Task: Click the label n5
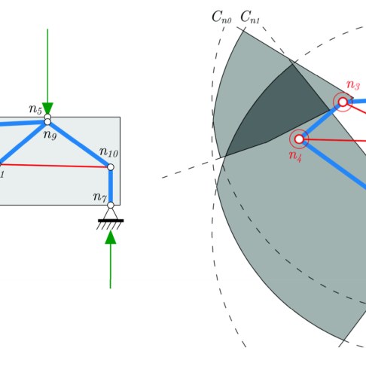(35, 109)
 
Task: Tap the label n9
(50, 135)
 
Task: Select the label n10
(108, 152)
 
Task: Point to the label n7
(100, 197)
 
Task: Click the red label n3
(353, 85)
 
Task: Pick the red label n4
(295, 156)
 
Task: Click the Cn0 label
(221, 17)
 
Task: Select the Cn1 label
(250, 17)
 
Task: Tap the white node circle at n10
(111, 167)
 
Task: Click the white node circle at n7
(111, 205)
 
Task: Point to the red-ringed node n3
(343, 102)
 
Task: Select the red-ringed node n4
(299, 139)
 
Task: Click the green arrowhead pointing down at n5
(47, 108)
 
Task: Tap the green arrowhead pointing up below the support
(111, 237)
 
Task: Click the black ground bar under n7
(111, 221)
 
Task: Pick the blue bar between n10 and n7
(111, 186)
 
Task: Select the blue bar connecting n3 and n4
(321, 120)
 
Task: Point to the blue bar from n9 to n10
(79, 145)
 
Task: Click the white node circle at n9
(47, 122)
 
